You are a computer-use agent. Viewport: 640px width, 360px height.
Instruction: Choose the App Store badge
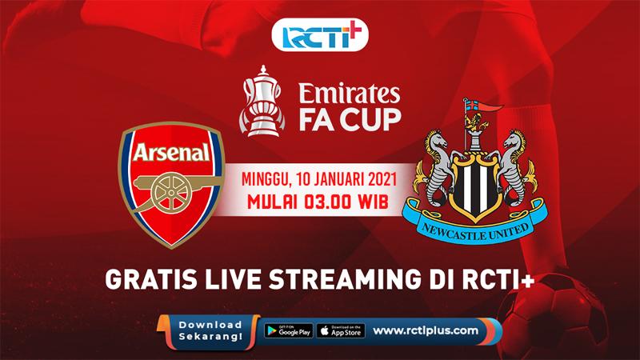point(341,330)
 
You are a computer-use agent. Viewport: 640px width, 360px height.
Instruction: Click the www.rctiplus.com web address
point(426,330)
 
